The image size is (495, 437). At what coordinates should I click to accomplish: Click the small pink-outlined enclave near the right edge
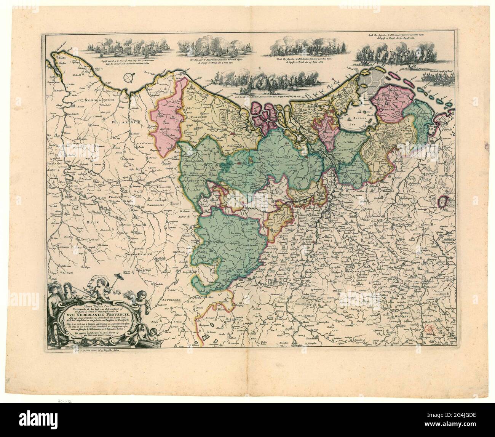click(x=443, y=201)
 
